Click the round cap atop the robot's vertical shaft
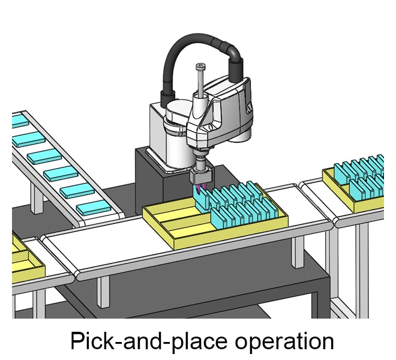[199, 67]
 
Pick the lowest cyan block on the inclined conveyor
[94, 208]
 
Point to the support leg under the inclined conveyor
[37, 198]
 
